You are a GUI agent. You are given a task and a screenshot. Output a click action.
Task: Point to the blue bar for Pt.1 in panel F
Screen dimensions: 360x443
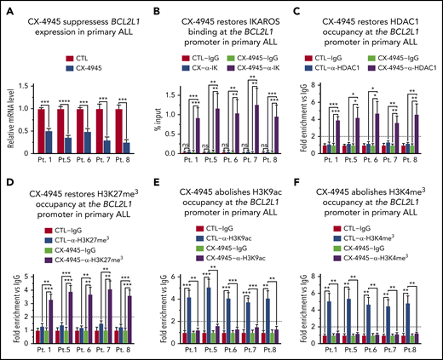(331, 311)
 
